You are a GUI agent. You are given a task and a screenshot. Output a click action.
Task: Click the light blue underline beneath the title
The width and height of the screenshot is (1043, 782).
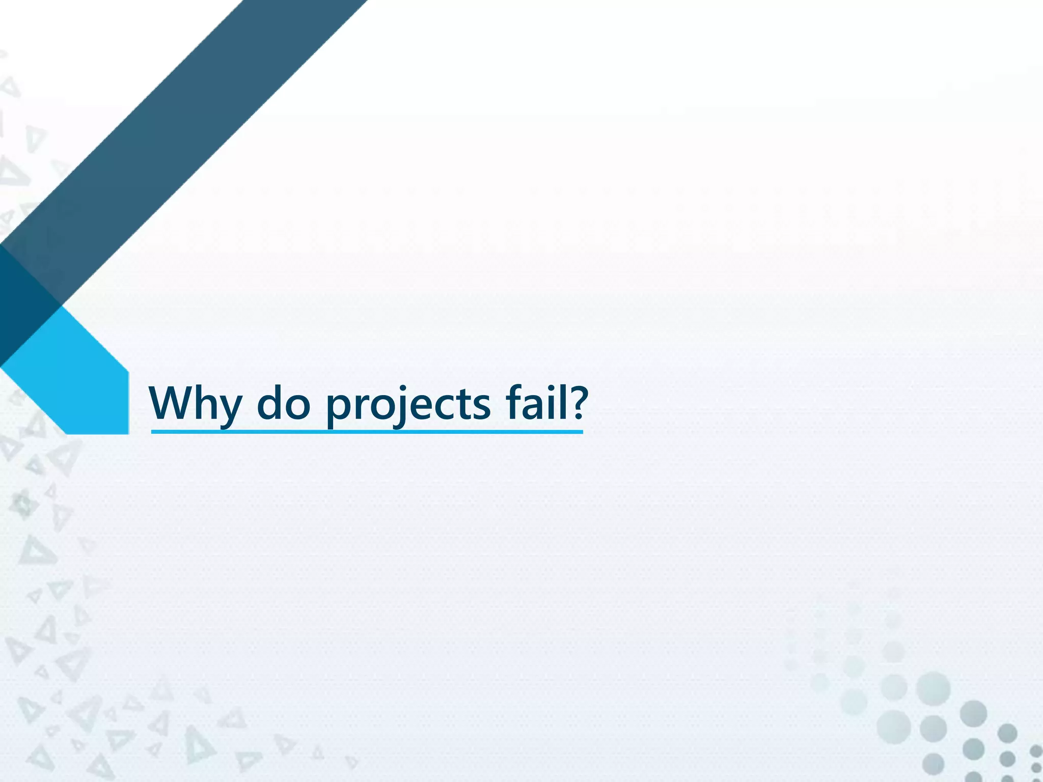tap(367, 432)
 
